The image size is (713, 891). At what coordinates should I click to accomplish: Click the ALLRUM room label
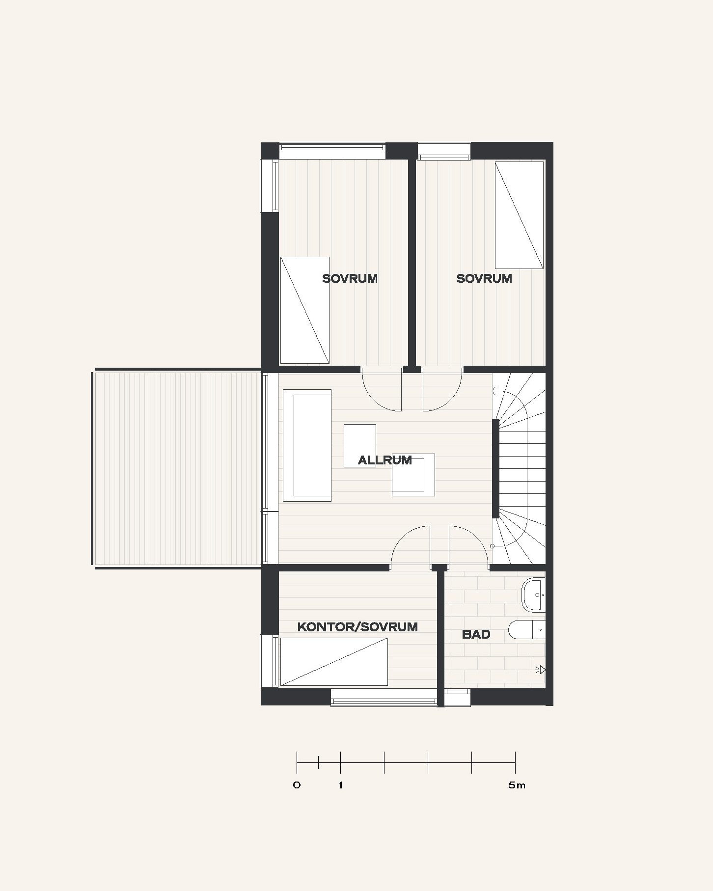(x=384, y=460)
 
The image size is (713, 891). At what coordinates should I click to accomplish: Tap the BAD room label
(x=476, y=634)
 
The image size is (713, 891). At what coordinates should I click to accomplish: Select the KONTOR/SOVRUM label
(x=357, y=626)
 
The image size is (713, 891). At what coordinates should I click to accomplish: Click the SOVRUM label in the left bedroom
(x=350, y=278)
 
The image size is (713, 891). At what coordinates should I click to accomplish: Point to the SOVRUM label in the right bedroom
(x=484, y=278)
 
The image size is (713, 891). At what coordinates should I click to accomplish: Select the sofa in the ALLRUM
(x=307, y=445)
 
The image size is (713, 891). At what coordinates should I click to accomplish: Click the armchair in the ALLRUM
(x=413, y=475)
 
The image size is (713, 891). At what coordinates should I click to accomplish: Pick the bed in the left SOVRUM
(x=304, y=310)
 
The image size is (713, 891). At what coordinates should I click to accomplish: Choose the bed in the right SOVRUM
(x=519, y=215)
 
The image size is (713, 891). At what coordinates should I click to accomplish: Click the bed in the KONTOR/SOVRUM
(x=333, y=662)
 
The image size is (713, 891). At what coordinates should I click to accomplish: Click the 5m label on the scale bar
(x=517, y=785)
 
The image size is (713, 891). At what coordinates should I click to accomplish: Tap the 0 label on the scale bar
(x=297, y=785)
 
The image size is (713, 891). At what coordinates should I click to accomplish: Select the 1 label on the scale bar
(x=341, y=785)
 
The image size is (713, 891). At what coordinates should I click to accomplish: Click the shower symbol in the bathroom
(x=541, y=670)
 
